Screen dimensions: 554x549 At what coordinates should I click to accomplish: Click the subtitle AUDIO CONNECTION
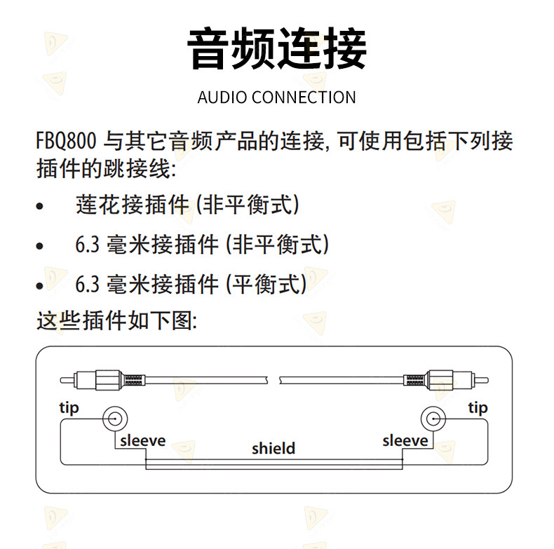click(276, 97)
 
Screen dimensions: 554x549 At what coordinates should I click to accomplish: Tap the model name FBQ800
click(66, 141)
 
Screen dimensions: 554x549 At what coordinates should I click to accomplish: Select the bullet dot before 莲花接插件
click(40, 206)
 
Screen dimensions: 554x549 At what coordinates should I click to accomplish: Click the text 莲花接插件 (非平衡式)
click(187, 205)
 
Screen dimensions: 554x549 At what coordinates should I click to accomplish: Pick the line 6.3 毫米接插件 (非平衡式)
click(202, 245)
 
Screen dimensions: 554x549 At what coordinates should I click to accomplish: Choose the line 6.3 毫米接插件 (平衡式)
click(191, 284)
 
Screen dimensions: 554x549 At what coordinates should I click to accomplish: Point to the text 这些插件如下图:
click(116, 321)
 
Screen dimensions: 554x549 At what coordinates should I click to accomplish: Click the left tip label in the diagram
click(69, 408)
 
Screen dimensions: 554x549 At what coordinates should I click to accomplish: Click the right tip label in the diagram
click(478, 408)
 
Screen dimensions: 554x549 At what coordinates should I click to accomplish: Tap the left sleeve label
click(143, 441)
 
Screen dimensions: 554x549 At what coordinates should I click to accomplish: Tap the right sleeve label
click(405, 441)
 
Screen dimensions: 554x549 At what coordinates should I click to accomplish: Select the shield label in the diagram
click(273, 449)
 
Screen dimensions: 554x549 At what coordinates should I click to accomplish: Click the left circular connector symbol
click(115, 419)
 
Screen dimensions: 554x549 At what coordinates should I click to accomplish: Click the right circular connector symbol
click(433, 419)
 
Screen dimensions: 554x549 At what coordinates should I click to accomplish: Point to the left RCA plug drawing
click(102, 381)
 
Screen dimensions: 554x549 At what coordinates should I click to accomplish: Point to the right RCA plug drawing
click(446, 381)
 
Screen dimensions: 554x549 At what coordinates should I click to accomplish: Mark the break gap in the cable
click(273, 381)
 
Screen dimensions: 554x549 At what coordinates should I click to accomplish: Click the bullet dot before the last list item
click(40, 285)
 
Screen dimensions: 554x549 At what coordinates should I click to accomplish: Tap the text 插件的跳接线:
click(106, 169)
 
